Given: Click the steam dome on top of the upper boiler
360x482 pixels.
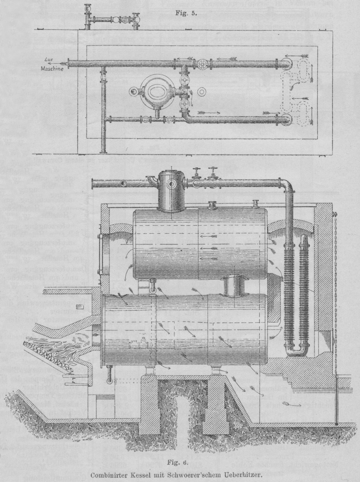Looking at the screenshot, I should pos(171,190).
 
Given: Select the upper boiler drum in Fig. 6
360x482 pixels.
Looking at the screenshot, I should pos(200,244).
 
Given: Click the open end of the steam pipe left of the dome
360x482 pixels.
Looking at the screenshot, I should pos(94,183).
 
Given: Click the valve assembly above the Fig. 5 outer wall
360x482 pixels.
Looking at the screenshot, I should pos(112,19).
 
